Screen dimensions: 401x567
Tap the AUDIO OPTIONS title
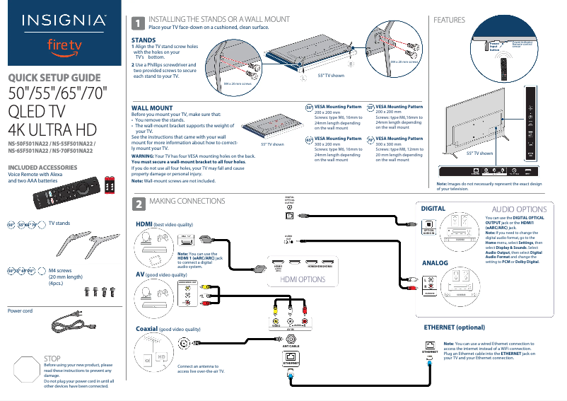coord(518,209)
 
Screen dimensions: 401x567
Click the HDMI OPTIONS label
coord(303,279)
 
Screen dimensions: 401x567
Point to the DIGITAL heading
coord(433,209)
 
